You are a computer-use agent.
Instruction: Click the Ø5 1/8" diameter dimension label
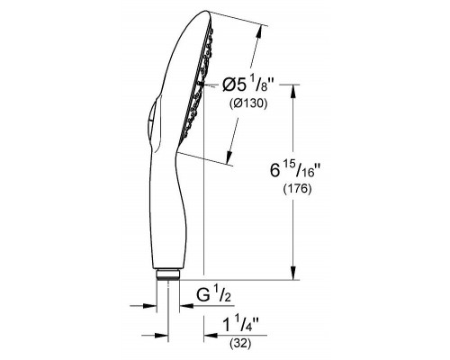pyautogui.click(x=248, y=86)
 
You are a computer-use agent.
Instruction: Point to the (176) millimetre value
pyautogui.click(x=297, y=190)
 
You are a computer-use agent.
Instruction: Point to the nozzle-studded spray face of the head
pyautogui.click(x=202, y=85)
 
